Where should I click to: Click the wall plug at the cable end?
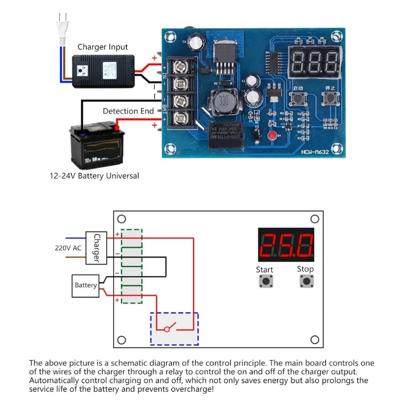pos(62,30)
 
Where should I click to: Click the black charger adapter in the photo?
pos(103,71)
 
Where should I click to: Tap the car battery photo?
pos(97,145)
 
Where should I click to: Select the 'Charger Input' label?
pos(102,47)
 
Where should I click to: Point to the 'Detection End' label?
pos(128,111)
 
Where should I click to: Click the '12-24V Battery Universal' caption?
pos(94,176)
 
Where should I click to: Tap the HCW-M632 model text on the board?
pos(315,152)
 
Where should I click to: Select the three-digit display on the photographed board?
pos(314,62)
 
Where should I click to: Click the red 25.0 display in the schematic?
pos(286,245)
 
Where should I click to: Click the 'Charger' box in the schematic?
pos(96,248)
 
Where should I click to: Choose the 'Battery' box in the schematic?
pos(86,285)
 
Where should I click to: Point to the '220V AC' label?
pos(68,248)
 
